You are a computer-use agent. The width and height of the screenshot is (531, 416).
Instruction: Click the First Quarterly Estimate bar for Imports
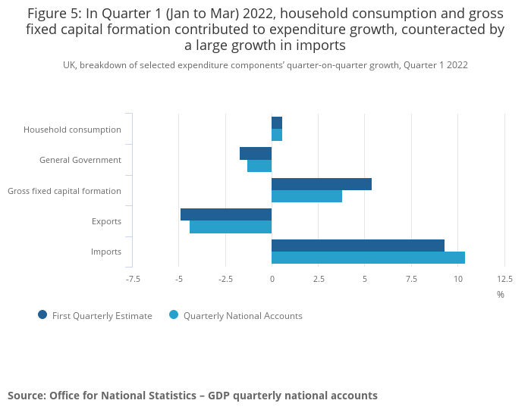(357, 246)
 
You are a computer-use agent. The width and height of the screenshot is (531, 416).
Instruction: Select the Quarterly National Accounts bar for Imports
(368, 258)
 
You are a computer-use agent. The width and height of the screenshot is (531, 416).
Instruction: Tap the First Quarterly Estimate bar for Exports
(226, 214)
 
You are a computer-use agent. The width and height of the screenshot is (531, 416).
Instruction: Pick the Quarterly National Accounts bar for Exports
(231, 227)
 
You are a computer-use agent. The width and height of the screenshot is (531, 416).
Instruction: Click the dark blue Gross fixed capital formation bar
(322, 184)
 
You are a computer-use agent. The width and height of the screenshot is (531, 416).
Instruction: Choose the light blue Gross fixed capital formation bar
(306, 196)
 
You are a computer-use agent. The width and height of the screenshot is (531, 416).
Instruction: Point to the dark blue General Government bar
(256, 154)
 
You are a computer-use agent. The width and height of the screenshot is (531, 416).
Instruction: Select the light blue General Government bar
(259, 166)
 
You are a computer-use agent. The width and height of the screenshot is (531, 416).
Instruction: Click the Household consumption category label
(72, 130)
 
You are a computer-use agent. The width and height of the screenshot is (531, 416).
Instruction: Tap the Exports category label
(106, 221)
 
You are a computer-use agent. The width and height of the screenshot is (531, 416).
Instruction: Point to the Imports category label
(106, 252)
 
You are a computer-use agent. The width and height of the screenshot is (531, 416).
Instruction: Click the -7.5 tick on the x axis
(133, 279)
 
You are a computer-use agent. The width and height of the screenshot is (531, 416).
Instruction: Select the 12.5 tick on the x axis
(504, 279)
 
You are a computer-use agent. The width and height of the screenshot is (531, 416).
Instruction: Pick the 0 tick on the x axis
(272, 279)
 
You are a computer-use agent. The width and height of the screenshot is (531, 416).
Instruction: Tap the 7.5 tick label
(411, 279)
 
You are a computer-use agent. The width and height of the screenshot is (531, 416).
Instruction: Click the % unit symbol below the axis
(501, 295)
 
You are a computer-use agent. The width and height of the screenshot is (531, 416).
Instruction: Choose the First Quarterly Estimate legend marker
(42, 315)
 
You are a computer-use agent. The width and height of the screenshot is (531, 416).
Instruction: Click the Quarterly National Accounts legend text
(243, 316)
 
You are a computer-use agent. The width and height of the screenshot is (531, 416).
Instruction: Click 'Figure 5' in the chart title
(53, 14)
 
